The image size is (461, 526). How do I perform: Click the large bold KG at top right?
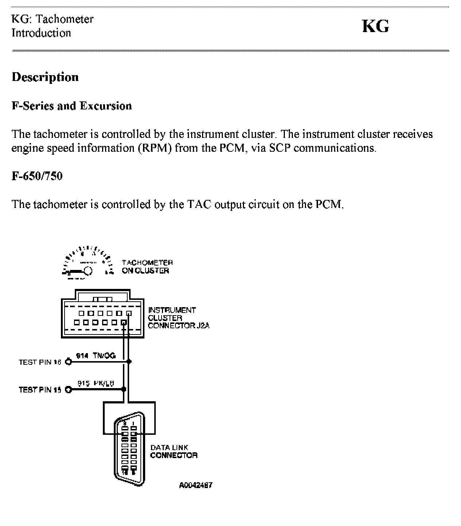point(375,27)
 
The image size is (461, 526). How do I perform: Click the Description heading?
point(45,77)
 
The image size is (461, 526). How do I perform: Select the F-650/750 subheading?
point(37,176)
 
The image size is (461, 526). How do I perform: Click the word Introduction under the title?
point(41,33)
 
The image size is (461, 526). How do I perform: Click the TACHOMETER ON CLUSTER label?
point(147,267)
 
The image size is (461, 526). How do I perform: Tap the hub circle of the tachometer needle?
point(88,271)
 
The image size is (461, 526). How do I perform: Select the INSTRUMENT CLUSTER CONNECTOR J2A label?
point(178,318)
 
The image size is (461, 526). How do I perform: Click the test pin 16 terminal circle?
point(68,362)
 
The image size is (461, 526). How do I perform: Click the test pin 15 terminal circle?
point(68,390)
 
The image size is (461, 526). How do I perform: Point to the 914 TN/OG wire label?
point(96,356)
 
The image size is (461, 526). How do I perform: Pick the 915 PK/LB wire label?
point(96,383)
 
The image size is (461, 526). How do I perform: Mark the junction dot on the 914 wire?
point(129,362)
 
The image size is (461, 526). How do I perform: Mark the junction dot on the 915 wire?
point(124,390)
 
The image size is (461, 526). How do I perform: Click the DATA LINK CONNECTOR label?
point(174,451)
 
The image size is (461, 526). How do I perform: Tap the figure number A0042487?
point(195,485)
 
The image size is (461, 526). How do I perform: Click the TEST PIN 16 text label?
point(40,362)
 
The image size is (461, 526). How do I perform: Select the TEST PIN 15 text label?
point(40,390)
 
